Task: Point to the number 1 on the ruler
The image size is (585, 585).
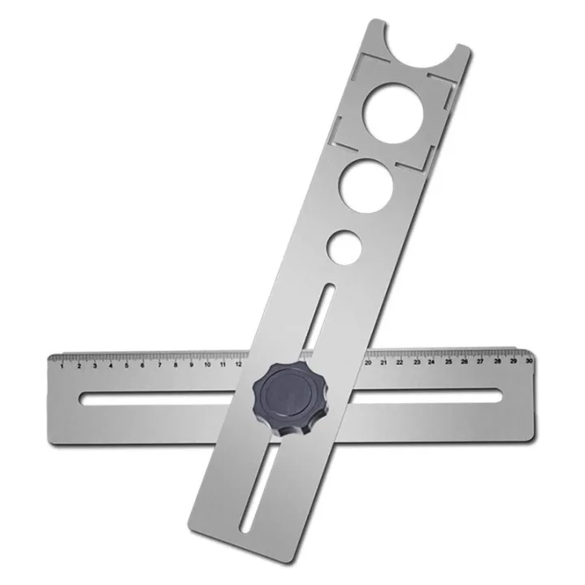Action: [x=63, y=366]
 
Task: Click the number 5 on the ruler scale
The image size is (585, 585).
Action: [x=127, y=366]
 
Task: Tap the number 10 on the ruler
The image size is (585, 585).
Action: [x=208, y=366]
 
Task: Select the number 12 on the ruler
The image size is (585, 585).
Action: [x=240, y=365]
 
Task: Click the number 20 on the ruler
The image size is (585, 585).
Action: [x=369, y=364]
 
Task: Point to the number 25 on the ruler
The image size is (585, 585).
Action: [x=448, y=363]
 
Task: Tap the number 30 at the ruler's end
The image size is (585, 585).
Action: [x=529, y=362]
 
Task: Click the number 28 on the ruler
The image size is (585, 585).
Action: [x=497, y=362]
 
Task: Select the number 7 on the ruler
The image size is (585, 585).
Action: [x=159, y=366]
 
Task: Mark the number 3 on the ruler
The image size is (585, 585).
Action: [x=95, y=366]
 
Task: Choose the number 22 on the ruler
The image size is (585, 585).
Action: [x=401, y=363]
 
